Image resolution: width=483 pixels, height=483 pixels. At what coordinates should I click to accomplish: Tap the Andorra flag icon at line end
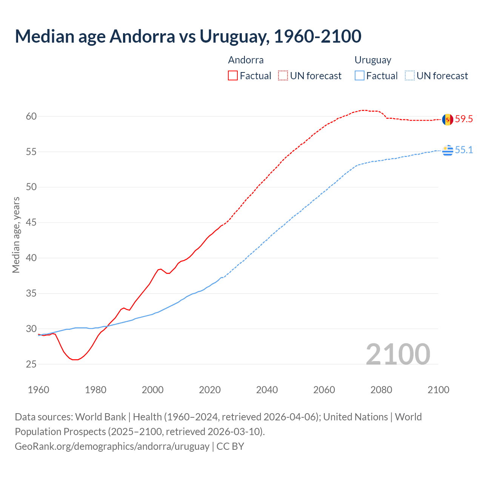tap(448, 119)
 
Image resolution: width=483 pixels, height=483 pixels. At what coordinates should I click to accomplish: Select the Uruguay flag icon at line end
tap(448, 150)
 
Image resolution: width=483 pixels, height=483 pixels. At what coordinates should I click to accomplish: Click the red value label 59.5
tap(464, 119)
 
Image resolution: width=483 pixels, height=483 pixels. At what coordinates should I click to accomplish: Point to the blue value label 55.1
tap(464, 150)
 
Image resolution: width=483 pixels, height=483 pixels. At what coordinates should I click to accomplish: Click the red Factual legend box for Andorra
tap(233, 76)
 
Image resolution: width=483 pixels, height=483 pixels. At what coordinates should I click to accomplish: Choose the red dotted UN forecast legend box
tap(283, 76)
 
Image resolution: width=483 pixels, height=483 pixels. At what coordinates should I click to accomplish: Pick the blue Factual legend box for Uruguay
tap(360, 76)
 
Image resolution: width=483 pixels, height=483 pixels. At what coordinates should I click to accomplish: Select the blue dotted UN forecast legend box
tap(410, 76)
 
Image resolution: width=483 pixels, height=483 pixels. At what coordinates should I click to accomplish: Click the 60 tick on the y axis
tap(31, 116)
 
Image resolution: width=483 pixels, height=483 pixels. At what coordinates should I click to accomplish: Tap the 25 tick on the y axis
tap(31, 364)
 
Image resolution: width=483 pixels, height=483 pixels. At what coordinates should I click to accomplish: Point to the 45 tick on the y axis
tap(31, 223)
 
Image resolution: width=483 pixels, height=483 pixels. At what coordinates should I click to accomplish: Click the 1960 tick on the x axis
tap(38, 390)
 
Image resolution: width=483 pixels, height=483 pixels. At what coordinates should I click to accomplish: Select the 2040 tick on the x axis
tap(267, 390)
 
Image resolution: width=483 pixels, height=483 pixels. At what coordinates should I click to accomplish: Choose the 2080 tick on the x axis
tap(381, 390)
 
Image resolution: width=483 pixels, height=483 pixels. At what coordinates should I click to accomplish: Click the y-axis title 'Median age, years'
tap(16, 235)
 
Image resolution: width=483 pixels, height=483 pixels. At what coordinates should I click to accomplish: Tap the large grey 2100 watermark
tap(398, 354)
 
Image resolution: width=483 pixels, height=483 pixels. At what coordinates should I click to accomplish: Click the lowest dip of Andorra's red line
tap(75, 360)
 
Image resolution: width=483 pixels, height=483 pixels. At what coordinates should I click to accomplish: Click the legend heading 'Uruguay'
tap(373, 60)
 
